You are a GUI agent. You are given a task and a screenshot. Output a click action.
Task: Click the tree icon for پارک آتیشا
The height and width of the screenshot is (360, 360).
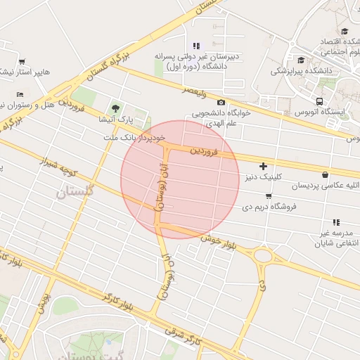click(115, 108)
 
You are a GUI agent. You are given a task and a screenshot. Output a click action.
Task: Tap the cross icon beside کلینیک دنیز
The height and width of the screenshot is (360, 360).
click(263, 167)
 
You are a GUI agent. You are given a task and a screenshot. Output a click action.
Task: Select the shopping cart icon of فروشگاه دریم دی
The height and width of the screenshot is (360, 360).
click(269, 196)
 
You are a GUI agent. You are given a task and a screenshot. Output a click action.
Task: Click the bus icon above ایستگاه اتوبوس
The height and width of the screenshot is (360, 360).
click(320, 101)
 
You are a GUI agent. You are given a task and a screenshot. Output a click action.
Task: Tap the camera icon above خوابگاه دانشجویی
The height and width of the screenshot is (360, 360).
click(221, 103)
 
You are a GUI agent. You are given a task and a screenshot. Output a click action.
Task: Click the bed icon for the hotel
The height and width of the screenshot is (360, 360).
click(20, 94)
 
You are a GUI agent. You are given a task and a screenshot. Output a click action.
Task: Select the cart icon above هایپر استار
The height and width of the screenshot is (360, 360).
click(22, 61)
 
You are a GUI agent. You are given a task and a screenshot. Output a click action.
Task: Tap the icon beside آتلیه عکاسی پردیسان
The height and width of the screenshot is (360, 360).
click(325, 174)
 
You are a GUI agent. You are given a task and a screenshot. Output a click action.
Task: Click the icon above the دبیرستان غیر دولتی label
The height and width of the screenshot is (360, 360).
click(197, 46)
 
